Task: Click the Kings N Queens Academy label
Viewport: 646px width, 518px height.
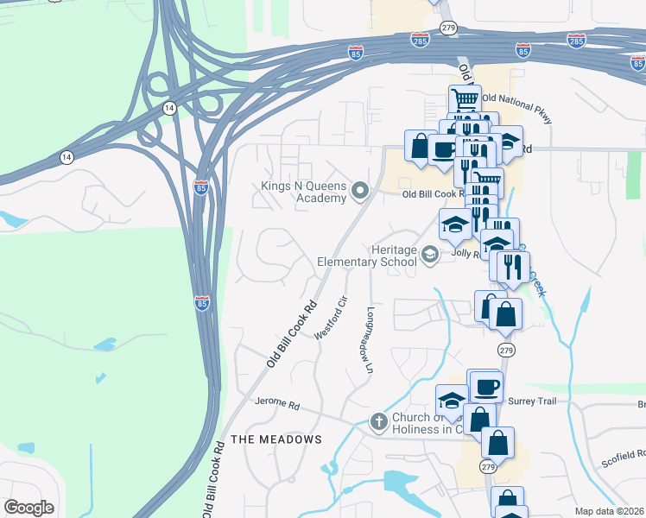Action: tap(304, 192)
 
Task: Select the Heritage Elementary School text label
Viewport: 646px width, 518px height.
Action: tap(367, 255)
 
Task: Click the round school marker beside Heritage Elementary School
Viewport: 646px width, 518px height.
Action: tap(429, 254)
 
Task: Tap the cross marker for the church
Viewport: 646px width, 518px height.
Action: tap(377, 422)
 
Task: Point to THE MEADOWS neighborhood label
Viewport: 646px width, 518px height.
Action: tap(277, 439)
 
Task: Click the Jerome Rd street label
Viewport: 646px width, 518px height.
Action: tap(276, 403)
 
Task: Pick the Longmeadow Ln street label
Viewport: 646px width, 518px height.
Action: tap(370, 340)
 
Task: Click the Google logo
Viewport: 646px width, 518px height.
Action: tap(28, 507)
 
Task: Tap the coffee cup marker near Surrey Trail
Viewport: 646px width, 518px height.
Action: tap(484, 386)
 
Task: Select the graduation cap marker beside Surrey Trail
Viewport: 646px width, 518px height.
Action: tap(452, 400)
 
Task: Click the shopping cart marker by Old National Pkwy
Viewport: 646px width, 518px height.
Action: tap(465, 99)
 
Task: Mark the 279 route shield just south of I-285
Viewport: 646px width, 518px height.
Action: tap(447, 28)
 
